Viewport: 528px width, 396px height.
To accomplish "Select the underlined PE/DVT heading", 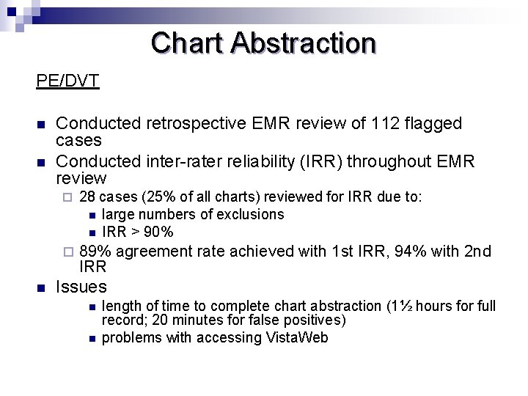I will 68,80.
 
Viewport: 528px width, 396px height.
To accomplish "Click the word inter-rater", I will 165,161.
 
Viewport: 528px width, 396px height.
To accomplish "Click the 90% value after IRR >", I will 158,232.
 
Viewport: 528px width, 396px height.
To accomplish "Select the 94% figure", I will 411,252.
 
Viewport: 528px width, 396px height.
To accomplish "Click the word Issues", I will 81,287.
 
